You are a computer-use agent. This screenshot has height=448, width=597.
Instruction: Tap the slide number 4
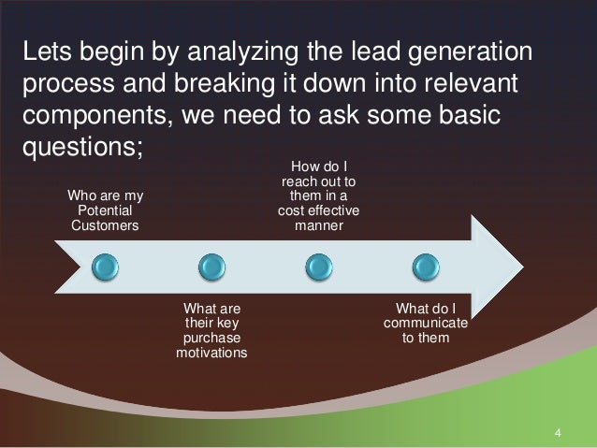tap(558, 432)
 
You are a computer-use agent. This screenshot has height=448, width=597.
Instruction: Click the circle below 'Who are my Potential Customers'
tap(106, 267)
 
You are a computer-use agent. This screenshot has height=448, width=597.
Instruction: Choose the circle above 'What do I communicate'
tap(426, 267)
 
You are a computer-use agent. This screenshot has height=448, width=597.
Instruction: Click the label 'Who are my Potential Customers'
tap(107, 210)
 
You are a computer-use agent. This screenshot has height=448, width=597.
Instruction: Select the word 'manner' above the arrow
tap(319, 225)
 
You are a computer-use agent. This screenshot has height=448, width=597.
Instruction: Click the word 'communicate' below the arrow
tap(426, 324)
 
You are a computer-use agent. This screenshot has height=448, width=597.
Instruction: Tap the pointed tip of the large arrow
tap(522, 267)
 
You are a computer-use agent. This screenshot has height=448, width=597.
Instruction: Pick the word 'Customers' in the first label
tap(107, 224)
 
